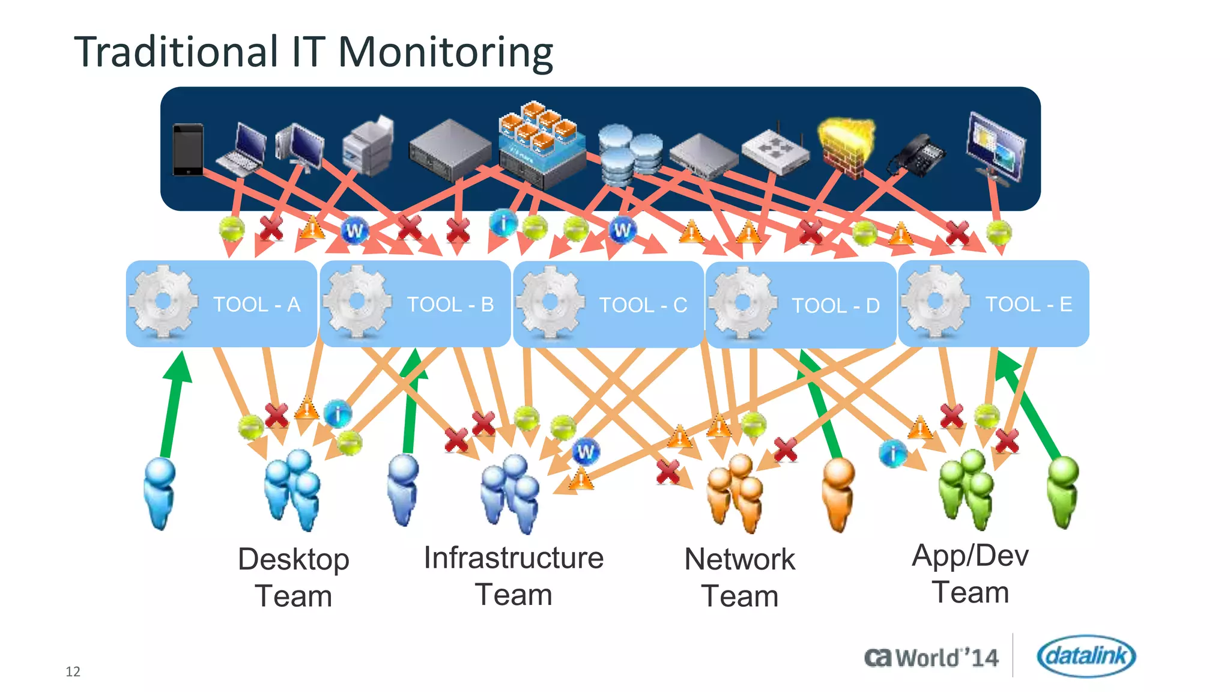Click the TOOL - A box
(221, 303)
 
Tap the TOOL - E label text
(1029, 304)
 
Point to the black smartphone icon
(187, 150)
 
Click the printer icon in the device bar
(368, 147)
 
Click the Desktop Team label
(294, 577)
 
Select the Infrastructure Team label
(514, 575)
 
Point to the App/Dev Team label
(970, 573)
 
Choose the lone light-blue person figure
(160, 493)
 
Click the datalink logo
(1086, 655)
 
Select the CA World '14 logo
(932, 658)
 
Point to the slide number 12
(73, 671)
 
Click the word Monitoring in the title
(445, 52)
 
